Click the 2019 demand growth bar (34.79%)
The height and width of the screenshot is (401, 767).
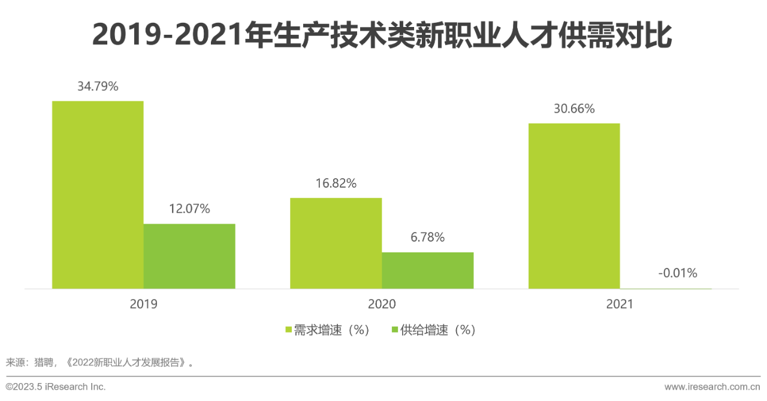coord(98,195)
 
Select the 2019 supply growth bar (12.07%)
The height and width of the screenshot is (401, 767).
coord(189,256)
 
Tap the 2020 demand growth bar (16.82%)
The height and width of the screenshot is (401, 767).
coord(336,243)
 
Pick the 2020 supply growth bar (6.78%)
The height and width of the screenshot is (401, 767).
coord(427,270)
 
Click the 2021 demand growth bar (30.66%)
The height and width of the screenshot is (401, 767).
coord(573,206)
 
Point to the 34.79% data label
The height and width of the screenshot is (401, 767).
coord(98,86)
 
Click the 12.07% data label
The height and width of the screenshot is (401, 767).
coord(189,209)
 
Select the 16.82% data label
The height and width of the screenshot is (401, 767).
coord(336,183)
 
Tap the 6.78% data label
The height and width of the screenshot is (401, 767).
coord(427,237)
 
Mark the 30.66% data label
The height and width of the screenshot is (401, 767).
coord(573,109)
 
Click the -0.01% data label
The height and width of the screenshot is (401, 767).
coord(677,273)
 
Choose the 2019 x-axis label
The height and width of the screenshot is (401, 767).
coord(143,304)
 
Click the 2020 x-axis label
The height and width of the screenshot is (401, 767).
coord(382,304)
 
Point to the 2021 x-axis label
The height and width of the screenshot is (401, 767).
coord(620,304)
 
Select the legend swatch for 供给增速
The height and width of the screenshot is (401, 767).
coord(394,330)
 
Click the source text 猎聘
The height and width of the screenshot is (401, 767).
coord(45,363)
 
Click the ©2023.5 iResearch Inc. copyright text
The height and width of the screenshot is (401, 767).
coord(56,387)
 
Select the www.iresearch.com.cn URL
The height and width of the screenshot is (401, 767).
coord(712,387)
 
